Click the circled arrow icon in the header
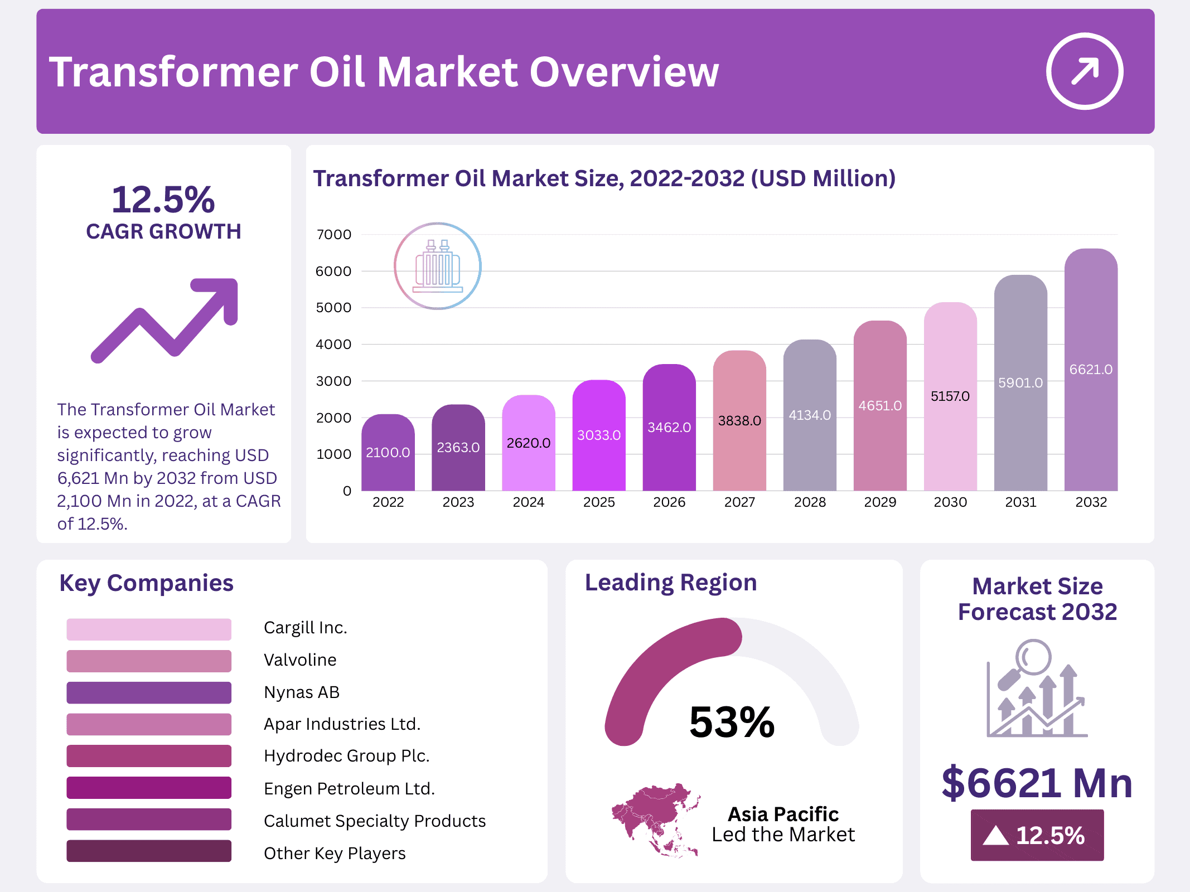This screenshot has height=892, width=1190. (x=1084, y=71)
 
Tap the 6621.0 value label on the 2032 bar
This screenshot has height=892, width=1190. (x=1091, y=369)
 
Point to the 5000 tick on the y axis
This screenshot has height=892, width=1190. (x=333, y=308)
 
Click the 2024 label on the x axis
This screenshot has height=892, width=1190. (x=528, y=502)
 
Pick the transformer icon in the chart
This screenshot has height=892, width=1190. (x=438, y=266)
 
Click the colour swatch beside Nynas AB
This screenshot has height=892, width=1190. (x=149, y=692)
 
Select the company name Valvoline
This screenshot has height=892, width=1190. (x=300, y=660)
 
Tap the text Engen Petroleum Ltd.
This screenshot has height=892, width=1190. (x=349, y=788)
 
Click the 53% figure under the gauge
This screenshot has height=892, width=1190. (x=732, y=723)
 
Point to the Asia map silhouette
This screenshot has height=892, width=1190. (x=656, y=820)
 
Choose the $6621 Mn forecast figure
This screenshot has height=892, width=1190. (x=1037, y=783)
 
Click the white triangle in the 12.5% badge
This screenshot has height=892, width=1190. (x=995, y=836)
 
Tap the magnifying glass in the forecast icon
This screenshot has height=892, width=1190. (x=1032, y=658)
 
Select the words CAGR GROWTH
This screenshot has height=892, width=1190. (x=163, y=231)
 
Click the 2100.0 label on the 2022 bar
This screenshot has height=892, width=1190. (x=388, y=452)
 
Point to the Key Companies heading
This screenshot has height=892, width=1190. (x=146, y=583)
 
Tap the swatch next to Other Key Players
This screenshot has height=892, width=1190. (x=149, y=851)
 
